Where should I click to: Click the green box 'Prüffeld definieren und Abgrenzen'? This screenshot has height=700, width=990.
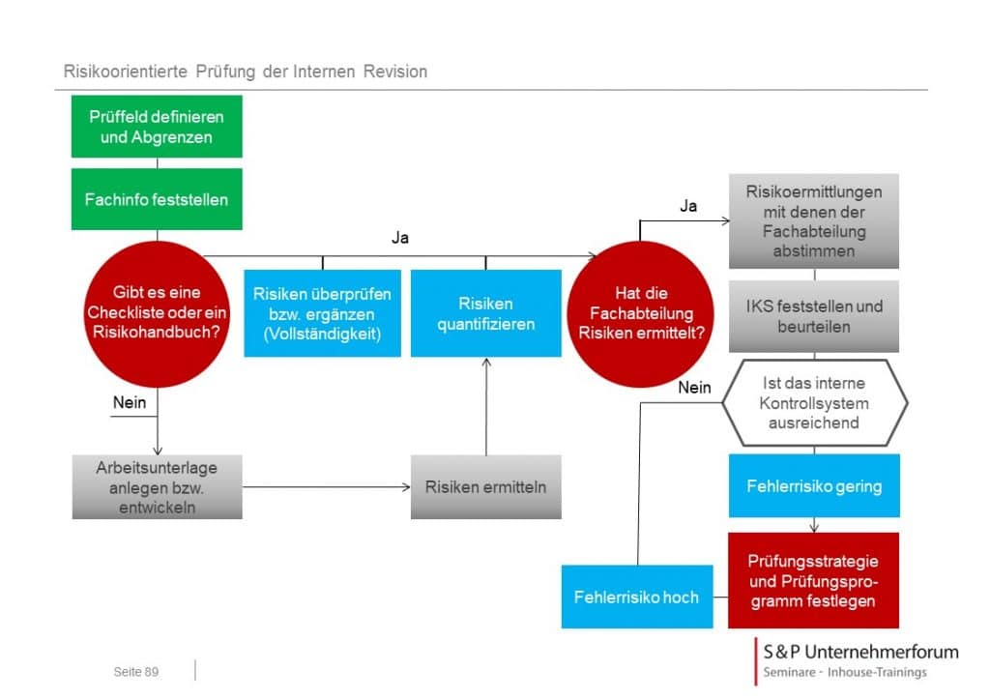(x=157, y=127)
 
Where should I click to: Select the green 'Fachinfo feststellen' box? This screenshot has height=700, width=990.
(x=157, y=199)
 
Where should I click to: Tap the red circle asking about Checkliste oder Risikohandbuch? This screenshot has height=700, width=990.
(x=157, y=313)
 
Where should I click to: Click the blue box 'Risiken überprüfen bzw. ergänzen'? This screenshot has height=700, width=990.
(x=322, y=313)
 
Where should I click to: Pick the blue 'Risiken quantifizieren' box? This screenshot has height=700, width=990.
(x=485, y=313)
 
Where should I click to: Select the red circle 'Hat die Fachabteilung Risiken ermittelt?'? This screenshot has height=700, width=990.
(x=640, y=313)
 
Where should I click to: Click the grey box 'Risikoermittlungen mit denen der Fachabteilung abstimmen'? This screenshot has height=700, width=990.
(x=814, y=220)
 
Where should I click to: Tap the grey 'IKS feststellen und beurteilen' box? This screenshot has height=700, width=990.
(x=814, y=316)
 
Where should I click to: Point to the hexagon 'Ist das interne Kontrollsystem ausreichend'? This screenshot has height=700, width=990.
(x=814, y=403)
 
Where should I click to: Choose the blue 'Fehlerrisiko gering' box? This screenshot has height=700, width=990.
(x=814, y=485)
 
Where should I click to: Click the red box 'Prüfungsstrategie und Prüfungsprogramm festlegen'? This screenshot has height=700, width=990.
(x=813, y=580)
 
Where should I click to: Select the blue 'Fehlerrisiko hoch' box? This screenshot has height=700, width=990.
(x=637, y=597)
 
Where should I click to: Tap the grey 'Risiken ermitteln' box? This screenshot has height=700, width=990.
(x=485, y=486)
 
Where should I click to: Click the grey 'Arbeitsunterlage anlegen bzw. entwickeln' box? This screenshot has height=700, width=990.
(x=158, y=486)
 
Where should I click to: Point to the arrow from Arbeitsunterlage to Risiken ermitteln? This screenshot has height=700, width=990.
(x=327, y=486)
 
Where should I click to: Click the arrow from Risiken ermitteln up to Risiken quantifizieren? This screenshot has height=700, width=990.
(x=486, y=406)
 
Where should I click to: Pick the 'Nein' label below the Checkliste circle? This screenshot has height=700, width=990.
(x=130, y=402)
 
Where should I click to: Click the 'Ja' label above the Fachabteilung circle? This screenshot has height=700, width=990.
(x=688, y=206)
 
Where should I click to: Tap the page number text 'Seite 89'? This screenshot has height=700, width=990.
(x=135, y=672)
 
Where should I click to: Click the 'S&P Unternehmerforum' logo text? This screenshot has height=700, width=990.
(x=860, y=652)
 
